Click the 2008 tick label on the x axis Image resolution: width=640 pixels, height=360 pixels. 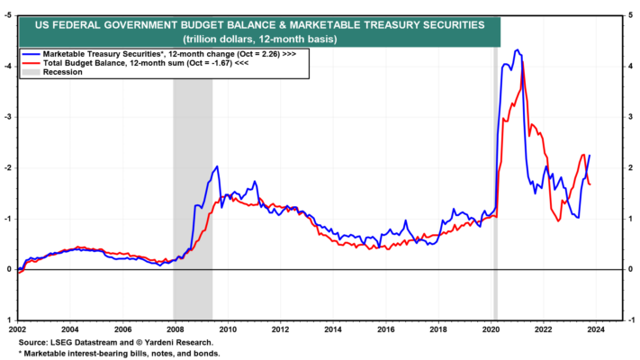[175, 329]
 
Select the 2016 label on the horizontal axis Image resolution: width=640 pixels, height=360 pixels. [386, 329]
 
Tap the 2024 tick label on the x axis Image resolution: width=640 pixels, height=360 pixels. [596, 329]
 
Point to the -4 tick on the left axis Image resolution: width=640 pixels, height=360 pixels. [8, 67]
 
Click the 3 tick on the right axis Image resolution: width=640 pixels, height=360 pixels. [631, 118]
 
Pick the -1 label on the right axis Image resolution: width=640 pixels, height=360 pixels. [631, 320]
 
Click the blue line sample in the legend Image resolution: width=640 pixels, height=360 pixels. [31, 54]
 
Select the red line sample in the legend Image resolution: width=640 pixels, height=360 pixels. [31, 63]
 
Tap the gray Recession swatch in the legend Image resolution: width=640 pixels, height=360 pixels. [31, 72]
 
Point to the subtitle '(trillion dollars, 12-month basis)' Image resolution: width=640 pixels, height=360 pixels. [260, 40]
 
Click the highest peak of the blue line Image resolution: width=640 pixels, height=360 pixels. [518, 49]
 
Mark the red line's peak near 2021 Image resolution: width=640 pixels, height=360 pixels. [523, 62]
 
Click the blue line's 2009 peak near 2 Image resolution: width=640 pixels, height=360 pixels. [217, 166]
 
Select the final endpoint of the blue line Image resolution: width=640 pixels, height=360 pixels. [590, 155]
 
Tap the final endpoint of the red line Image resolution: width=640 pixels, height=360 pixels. [590, 184]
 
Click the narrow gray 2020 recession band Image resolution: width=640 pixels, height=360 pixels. [495, 184]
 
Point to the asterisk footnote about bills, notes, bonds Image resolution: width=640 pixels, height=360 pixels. [119, 354]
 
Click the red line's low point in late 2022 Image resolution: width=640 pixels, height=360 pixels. [558, 220]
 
